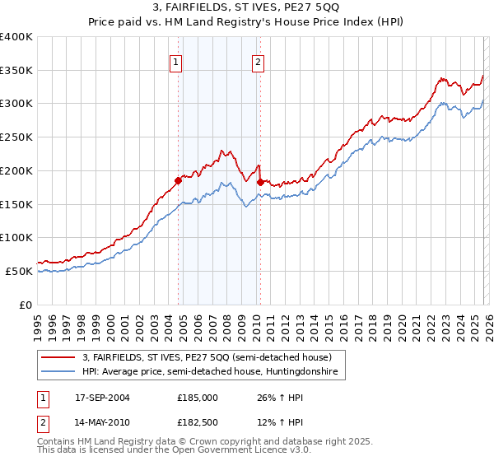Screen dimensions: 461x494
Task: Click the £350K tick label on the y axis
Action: [x=16, y=70]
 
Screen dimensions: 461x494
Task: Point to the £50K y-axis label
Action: [x=19, y=271]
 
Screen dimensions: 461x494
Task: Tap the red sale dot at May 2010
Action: [x=260, y=181]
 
